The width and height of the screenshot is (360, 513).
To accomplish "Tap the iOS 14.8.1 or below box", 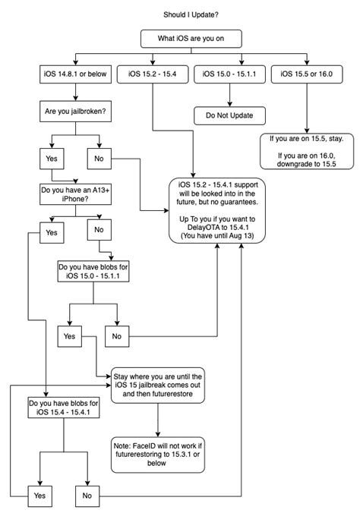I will (74, 73).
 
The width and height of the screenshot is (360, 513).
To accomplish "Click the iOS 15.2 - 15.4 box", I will (154, 73).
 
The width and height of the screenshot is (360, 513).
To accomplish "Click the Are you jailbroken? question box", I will (74, 110).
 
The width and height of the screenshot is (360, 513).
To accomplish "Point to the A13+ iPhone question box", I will (74, 194).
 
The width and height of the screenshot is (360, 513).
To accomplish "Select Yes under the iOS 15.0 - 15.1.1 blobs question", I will (68, 334).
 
